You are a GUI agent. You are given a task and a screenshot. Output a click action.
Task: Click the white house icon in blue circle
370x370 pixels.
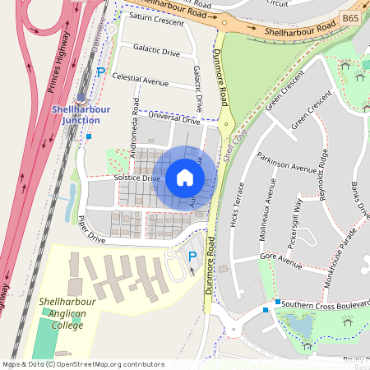pyautogui.click(x=185, y=178)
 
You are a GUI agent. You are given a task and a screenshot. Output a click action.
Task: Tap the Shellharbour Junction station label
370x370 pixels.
pyautogui.click(x=76, y=115)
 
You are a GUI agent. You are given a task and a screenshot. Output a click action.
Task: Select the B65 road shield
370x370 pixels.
pyautogui.click(x=350, y=17)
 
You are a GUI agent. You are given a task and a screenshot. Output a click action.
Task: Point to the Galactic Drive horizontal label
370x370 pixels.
pyautogui.click(x=156, y=53)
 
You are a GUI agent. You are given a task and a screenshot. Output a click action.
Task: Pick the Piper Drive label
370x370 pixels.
pyautogui.click(x=92, y=230)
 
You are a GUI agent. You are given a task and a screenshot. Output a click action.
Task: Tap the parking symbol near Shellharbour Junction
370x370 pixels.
pyautogui.click(x=101, y=72)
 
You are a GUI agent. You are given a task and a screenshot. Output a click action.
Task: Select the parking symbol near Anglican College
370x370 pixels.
pyautogui.click(x=192, y=256)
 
